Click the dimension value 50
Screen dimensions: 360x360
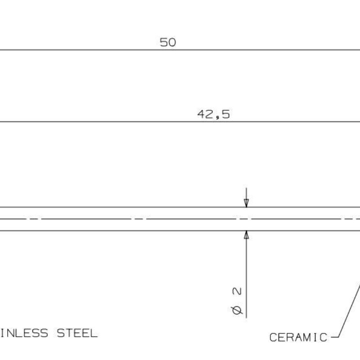[168, 42]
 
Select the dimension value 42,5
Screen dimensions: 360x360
[213, 114]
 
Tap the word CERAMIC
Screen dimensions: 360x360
[298, 337]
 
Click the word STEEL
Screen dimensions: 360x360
[77, 333]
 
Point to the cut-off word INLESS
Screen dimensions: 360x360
[24, 333]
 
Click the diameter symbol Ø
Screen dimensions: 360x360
[237, 310]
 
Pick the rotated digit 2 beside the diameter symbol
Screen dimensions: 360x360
[237, 291]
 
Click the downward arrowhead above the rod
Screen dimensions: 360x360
[246, 203]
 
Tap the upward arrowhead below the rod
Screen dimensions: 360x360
[246, 234]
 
